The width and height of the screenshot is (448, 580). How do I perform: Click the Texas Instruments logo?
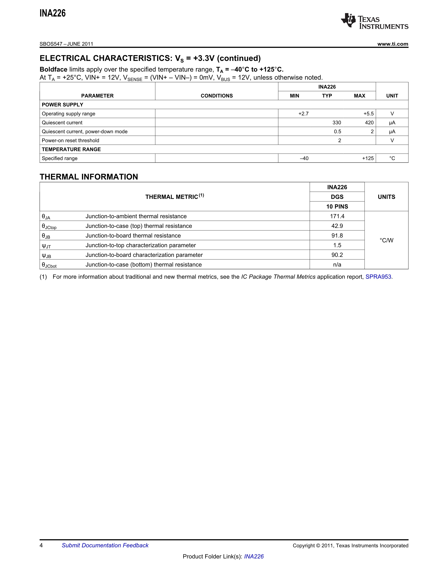pos(374,21)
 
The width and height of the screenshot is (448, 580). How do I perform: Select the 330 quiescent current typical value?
pos(337,123)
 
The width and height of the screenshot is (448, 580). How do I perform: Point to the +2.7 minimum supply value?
pos(303,114)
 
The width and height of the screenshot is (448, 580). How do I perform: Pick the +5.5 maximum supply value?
pos(368,114)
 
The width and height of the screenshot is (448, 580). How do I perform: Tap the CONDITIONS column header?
pos(217,96)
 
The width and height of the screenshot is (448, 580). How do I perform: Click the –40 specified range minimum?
pos(304,158)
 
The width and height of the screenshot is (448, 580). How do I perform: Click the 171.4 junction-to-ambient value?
pos(337,216)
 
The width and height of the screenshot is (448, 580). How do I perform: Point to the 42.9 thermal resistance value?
pos(337,226)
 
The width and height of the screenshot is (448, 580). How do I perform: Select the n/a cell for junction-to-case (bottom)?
pos(337,265)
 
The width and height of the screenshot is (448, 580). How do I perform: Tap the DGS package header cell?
pos(337,197)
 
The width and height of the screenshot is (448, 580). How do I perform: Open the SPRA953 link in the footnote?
pos(378,277)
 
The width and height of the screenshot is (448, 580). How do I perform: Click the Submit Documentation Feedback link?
pos(105,545)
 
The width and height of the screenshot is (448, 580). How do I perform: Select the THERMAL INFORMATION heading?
pos(89,177)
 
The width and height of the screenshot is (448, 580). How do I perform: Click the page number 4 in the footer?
pos(41,545)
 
